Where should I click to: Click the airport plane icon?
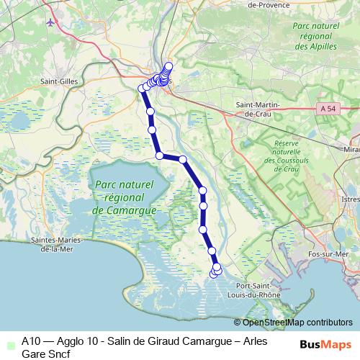pos(50,21)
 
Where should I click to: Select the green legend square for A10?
pos(9,341)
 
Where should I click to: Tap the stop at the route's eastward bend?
pos(183,159)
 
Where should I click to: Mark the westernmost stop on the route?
pos(142,89)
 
